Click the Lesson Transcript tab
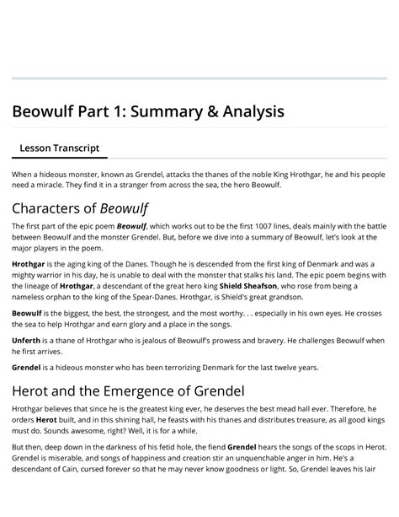[59, 148]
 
